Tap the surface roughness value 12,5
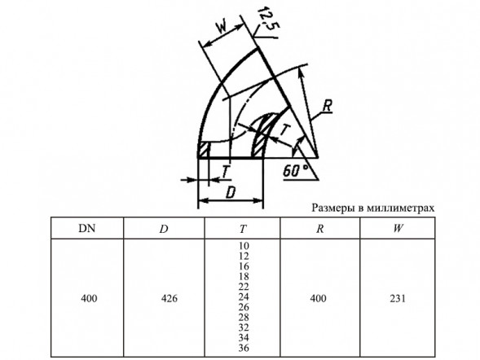coord(267,19)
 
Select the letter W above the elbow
coord(222,27)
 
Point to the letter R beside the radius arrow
coord(328,106)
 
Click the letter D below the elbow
coord(231,193)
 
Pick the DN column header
coord(87,228)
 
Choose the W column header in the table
coord(398,228)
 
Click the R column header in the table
coord(319,229)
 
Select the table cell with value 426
coord(169,298)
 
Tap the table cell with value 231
coord(398,298)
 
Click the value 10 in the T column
coord(244,246)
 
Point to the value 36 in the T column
coord(244,348)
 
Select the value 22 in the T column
coord(244,287)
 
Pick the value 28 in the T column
coord(244,317)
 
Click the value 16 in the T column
coord(244,266)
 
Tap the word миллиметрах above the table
coord(400,209)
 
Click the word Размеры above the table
coord(331,209)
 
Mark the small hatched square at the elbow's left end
coord(204,150)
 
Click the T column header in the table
coord(243,229)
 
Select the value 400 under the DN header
coord(89,298)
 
